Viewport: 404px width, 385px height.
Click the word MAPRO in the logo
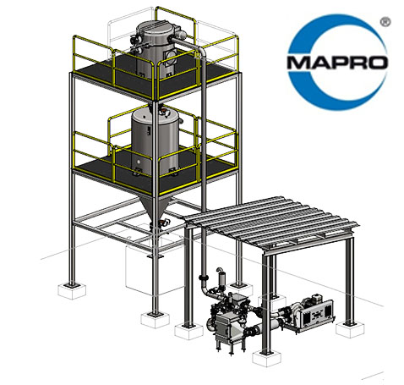pyautogui.click(x=337, y=63)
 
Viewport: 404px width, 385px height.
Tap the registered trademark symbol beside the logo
pyautogui.click(x=385, y=22)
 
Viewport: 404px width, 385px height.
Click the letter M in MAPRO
pyautogui.click(x=298, y=63)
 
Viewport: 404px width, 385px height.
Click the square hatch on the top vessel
pyautogui.click(x=171, y=58)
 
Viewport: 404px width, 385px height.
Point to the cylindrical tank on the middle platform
pyautogui.click(x=155, y=141)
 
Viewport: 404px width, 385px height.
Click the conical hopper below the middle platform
pyautogui.click(x=154, y=209)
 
